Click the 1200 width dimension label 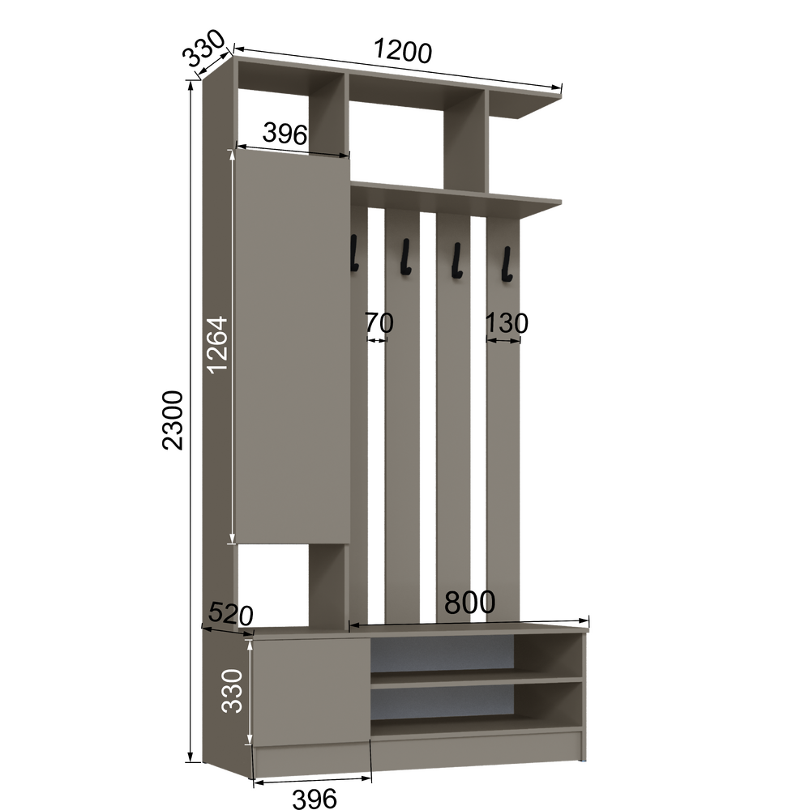[x=402, y=51]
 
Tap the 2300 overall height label [x=173, y=420]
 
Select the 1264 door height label [x=217, y=344]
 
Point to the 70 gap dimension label [x=379, y=323]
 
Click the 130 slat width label [x=507, y=323]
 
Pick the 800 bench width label [x=470, y=602]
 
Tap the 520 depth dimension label [x=230, y=614]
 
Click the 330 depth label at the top [x=205, y=49]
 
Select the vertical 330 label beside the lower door [x=232, y=691]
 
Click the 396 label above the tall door [x=285, y=134]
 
